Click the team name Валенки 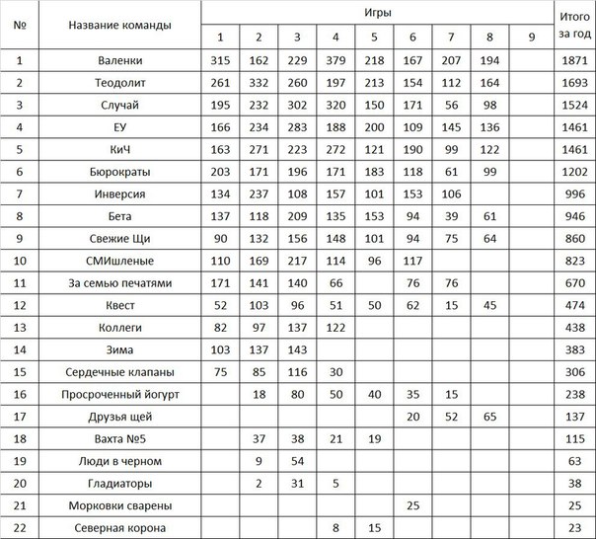[119, 61]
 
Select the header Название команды [119, 25]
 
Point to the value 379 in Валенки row [335, 61]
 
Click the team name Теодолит [119, 83]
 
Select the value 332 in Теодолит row [259, 83]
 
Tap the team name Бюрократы [119, 171]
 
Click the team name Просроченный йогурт [119, 392]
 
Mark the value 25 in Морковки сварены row [412, 506]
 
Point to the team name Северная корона [119, 528]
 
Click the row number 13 [19, 326]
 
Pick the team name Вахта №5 [119, 437]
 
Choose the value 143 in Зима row [297, 349]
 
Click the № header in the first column [19, 25]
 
